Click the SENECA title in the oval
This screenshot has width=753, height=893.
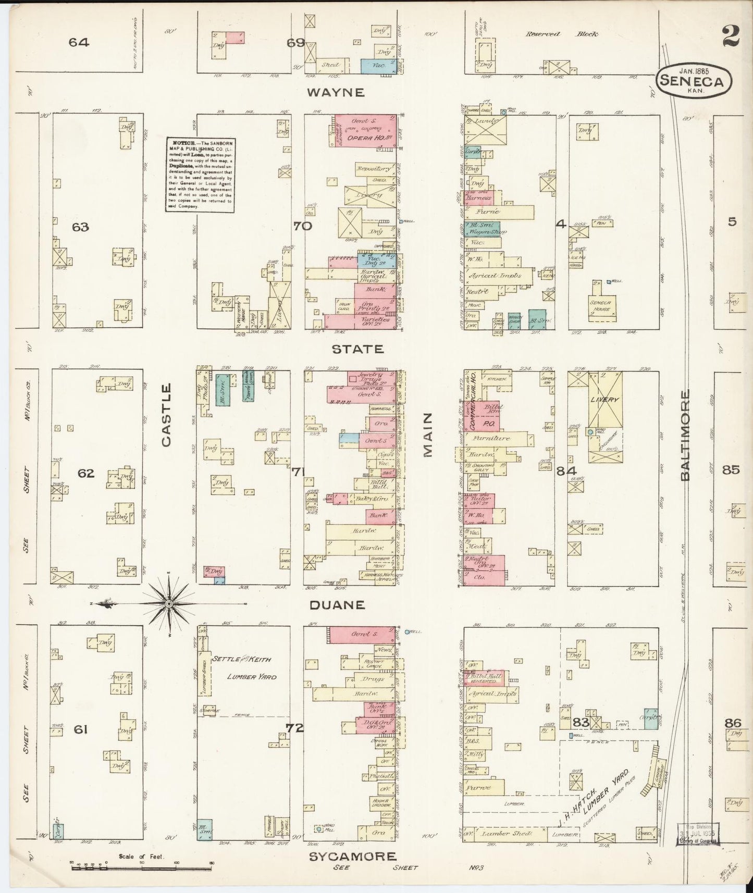point(694,81)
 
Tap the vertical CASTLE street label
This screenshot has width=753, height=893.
point(166,415)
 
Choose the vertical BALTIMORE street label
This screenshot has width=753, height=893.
point(684,435)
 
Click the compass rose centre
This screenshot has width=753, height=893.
point(169,603)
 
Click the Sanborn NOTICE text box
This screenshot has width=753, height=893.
point(199,173)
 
